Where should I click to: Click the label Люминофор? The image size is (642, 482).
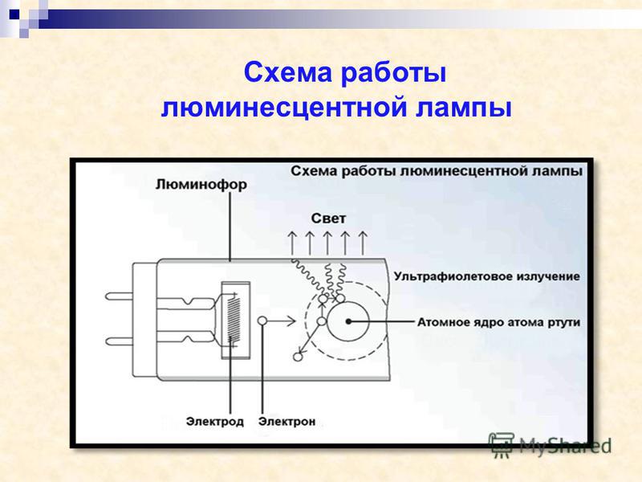point(201,185)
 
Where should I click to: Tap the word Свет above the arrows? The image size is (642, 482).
point(328,219)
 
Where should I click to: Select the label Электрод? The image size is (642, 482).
point(214,422)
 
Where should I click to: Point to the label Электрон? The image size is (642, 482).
point(287,422)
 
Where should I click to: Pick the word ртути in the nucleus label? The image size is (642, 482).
point(564,323)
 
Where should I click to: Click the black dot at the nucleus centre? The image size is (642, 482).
point(348,322)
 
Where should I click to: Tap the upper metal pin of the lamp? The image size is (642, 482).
point(119,296)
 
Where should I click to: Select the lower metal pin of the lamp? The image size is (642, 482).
point(119,341)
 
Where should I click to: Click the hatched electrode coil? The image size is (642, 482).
point(234,320)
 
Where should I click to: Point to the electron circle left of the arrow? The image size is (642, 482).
point(262,321)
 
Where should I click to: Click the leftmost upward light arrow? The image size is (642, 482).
point(292,243)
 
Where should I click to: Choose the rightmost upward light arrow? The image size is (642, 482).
point(363,243)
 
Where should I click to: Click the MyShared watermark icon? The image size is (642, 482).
point(502,445)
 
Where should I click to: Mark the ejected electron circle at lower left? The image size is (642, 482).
point(298,357)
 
